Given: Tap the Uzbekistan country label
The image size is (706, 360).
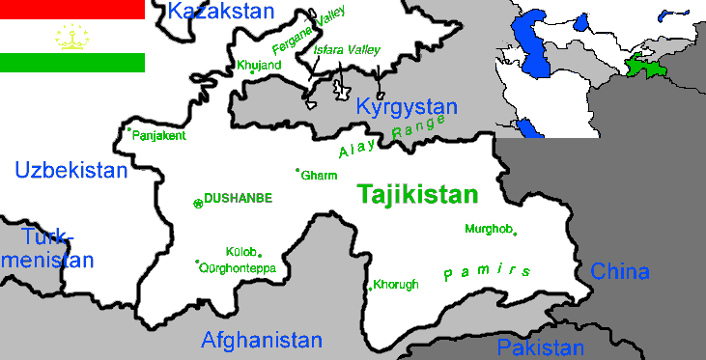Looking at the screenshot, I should click(71, 171).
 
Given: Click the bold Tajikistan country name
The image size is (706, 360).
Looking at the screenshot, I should click(417, 194).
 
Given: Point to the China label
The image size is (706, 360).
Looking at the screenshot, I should click(620, 271).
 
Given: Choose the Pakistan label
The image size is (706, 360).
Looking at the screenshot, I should click(540, 348).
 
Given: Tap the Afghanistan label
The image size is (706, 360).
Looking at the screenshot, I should click(261, 340).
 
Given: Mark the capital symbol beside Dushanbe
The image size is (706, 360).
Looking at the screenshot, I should click(198, 203).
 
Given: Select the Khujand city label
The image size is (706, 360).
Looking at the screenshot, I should click(258, 66).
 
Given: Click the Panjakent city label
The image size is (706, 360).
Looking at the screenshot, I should click(159, 136).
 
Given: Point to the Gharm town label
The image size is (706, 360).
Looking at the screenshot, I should click(320, 176).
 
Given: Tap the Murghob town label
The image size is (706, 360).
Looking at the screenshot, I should click(487, 229).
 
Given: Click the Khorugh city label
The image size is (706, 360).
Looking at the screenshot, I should click(397, 285).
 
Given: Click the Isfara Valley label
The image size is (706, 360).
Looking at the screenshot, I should click(347, 50).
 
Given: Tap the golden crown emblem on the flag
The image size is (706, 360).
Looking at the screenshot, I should click(71, 37).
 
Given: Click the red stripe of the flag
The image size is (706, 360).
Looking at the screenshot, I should click(72, 10).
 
